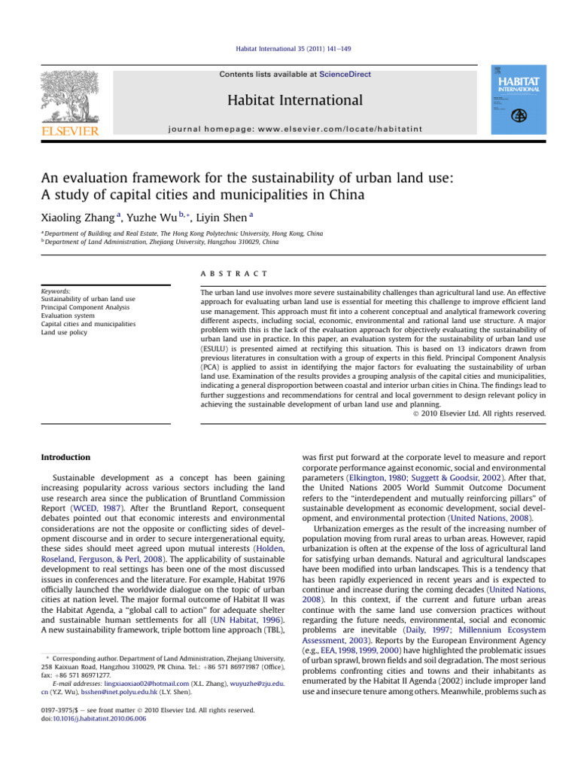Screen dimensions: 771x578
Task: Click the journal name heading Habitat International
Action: [x=289, y=100]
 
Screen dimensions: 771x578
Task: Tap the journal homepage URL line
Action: [x=289, y=129]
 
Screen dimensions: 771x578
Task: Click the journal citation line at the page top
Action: [x=289, y=48]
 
